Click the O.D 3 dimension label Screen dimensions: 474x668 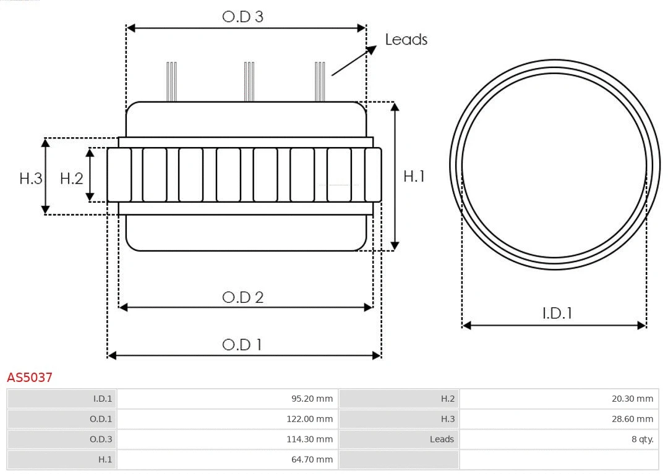point(242,17)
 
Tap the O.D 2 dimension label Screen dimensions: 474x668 point(242,297)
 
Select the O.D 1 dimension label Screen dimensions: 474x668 point(242,344)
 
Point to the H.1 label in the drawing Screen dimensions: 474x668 point(414,176)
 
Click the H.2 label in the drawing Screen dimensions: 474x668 point(71,179)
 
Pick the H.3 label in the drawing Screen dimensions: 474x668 point(31,179)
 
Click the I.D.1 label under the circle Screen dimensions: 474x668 point(557,313)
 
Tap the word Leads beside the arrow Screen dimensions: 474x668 point(406,40)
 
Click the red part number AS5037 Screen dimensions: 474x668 point(30,377)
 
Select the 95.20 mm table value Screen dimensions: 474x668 point(312,399)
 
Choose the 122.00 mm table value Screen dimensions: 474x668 point(310,419)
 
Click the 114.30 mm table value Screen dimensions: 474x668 point(310,439)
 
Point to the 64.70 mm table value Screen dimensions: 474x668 point(312,459)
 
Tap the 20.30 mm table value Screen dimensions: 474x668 point(632,399)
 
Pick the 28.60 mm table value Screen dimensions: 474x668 point(632,419)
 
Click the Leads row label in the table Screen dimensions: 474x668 point(442,439)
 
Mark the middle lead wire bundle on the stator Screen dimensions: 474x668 point(249,82)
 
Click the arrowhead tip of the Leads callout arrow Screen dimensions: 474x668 point(375,47)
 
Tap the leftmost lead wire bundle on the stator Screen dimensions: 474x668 point(171,82)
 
